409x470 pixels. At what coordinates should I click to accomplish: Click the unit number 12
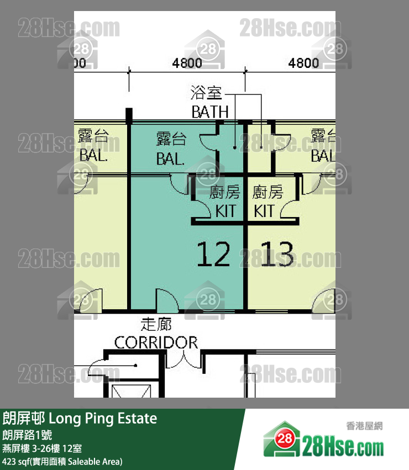tap(213, 254)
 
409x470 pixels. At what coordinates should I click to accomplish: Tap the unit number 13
tap(277, 254)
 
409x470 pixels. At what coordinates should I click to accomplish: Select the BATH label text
tap(210, 112)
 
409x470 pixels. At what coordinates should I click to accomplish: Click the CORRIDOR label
tap(156, 342)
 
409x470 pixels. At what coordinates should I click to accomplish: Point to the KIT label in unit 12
tap(226, 211)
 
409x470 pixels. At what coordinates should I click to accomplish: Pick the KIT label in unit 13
tap(264, 211)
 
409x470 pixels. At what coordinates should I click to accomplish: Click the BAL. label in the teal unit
tap(170, 159)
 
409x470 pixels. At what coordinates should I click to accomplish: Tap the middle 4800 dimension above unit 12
tap(187, 63)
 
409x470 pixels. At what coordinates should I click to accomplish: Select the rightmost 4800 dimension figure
tap(303, 63)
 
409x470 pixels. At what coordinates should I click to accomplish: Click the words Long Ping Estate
tap(103, 419)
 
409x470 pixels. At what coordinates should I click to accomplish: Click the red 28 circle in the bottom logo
tap(284, 439)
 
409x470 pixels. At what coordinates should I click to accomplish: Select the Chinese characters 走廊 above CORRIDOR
tap(156, 324)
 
